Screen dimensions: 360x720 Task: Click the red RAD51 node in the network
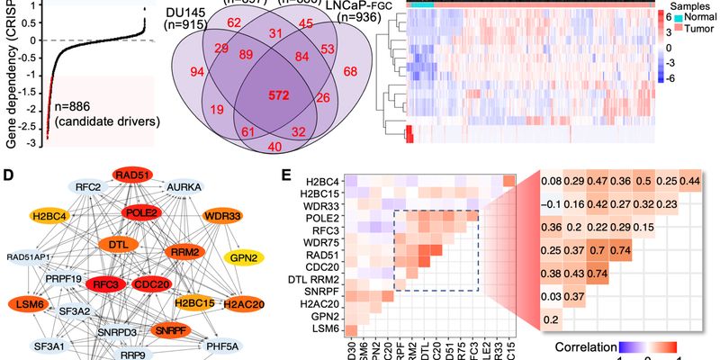click(131, 175)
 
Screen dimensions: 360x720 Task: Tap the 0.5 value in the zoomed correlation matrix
click(637, 183)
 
